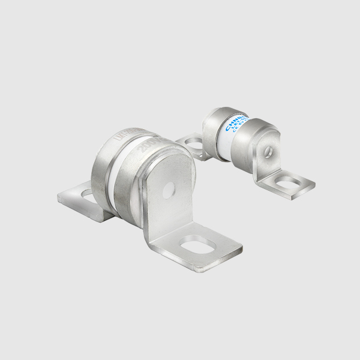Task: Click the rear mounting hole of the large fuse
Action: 88,193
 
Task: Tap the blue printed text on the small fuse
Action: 232,125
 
